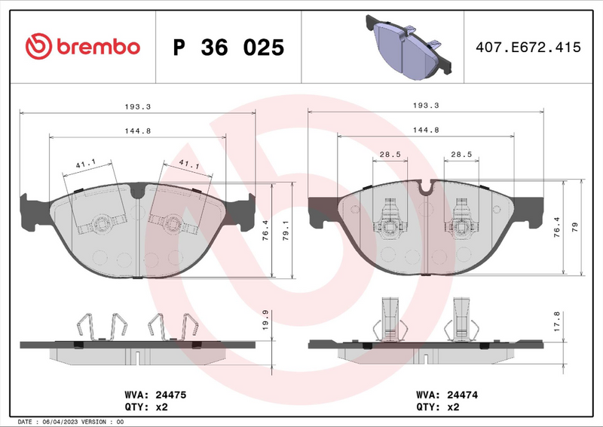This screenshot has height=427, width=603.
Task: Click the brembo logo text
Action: point(97,47)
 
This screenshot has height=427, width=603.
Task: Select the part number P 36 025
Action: point(228,48)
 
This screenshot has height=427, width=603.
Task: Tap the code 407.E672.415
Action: point(528,47)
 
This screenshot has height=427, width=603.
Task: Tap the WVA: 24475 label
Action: point(149,395)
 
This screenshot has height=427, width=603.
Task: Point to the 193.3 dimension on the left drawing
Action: point(137,106)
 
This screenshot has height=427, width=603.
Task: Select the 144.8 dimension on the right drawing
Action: point(426,130)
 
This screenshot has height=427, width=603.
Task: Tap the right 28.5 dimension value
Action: point(461,155)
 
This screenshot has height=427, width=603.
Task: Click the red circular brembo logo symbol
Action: point(38,47)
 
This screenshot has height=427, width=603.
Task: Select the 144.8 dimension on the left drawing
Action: point(137,130)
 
